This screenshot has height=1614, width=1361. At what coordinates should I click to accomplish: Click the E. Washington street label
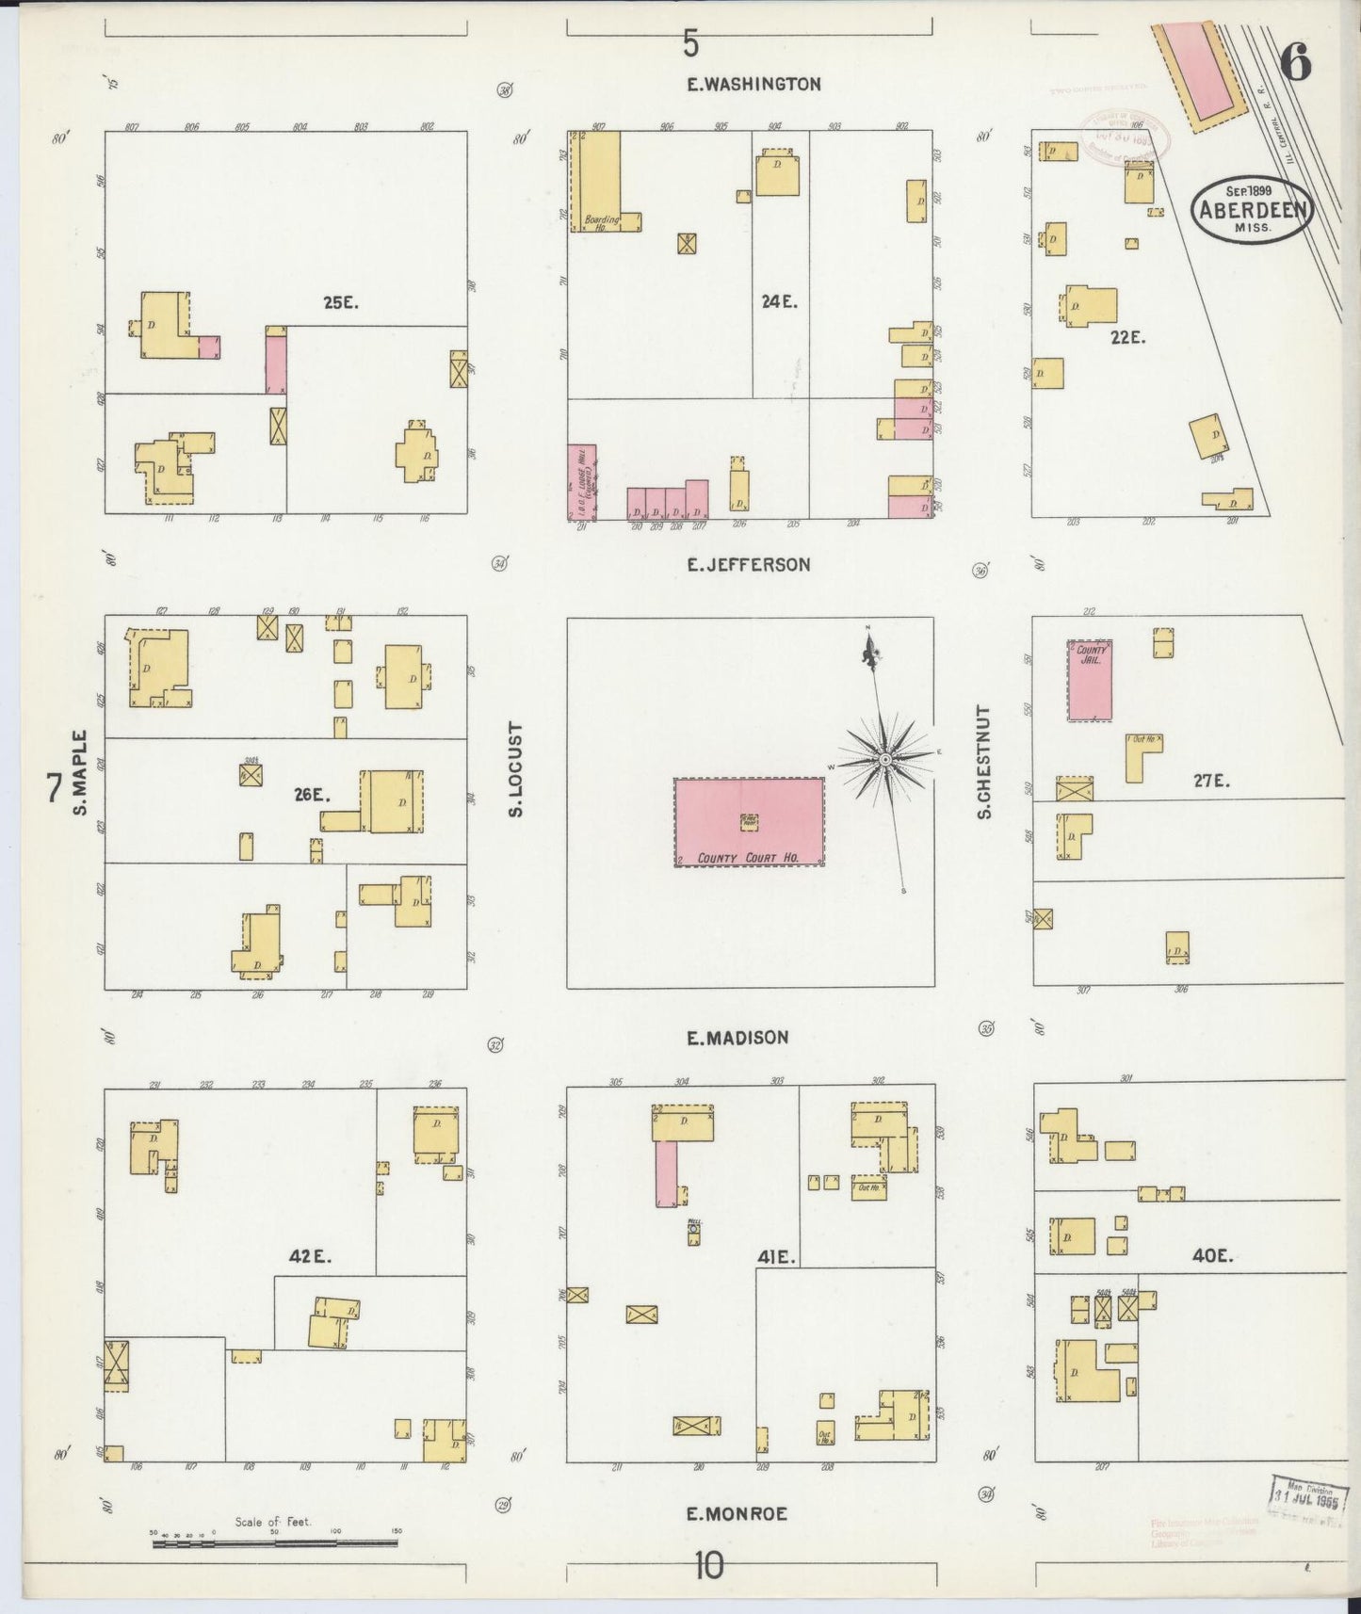point(753,84)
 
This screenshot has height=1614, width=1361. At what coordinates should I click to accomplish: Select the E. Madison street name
point(737,1038)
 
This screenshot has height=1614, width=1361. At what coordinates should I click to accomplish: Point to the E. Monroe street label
point(736,1514)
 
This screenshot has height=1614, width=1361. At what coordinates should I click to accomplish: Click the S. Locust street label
point(515,769)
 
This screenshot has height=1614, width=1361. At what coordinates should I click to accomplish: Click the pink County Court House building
point(749,821)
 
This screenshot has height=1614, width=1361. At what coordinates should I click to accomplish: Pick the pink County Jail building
point(1090,681)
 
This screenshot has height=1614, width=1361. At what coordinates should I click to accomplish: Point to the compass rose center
point(886,759)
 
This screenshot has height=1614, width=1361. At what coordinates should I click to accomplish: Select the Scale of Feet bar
point(273,1543)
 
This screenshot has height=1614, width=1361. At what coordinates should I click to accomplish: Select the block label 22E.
point(1127,337)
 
